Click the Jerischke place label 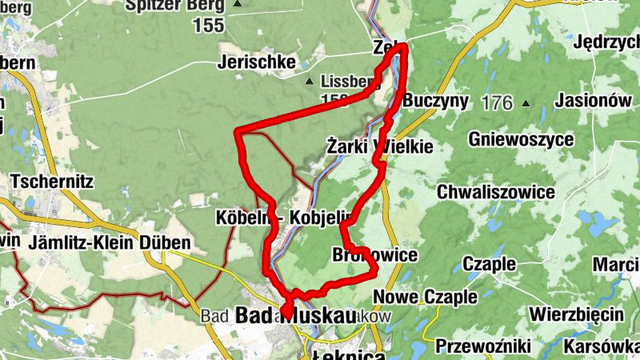pyautogui.click(x=257, y=62)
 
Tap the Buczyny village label pyautogui.click(x=435, y=102)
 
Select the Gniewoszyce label pyautogui.click(x=522, y=140)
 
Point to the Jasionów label pyautogui.click(x=588, y=102)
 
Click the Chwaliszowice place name pyautogui.click(x=496, y=193)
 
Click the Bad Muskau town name pyautogui.click(x=295, y=317)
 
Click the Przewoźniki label pyautogui.click(x=484, y=346)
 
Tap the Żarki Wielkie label pyautogui.click(x=380, y=147)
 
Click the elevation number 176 pyautogui.click(x=497, y=102)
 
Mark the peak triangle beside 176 pyautogui.click(x=526, y=103)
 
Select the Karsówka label pyautogui.click(x=600, y=346)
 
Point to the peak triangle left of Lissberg pyautogui.click(x=310, y=82)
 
